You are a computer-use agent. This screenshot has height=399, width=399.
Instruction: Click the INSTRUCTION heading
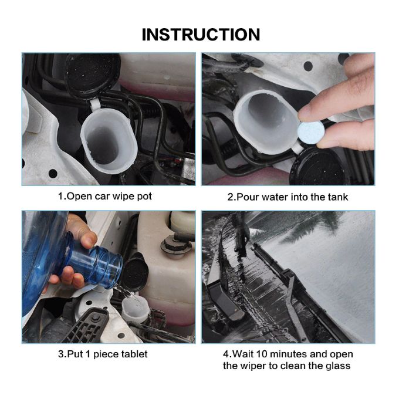(201, 35)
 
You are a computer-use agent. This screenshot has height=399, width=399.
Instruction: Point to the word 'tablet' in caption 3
(134, 354)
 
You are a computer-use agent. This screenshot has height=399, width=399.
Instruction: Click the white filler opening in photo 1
(109, 140)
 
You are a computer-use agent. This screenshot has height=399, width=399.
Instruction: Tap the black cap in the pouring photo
(134, 272)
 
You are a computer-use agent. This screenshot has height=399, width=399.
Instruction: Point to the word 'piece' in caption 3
(106, 354)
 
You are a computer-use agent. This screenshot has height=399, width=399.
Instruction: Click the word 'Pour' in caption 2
(248, 197)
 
